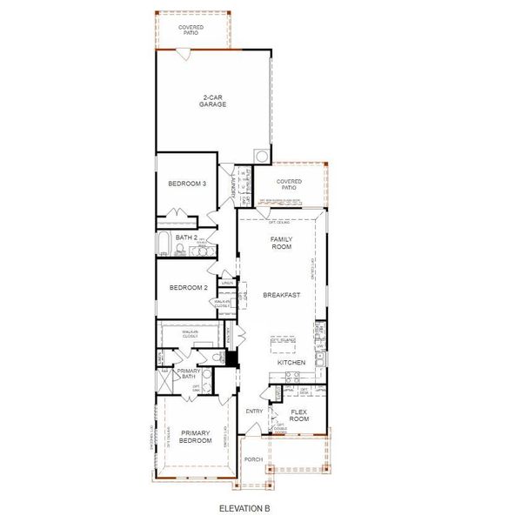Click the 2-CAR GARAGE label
[214, 101]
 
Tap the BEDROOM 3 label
[187, 184]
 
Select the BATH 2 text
[184, 237]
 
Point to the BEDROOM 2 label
[187, 288]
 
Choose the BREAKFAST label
[283, 295]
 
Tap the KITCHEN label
[290, 361]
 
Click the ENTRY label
[255, 412]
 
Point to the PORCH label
[253, 458]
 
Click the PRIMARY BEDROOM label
[196, 436]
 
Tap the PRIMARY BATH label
[189, 375]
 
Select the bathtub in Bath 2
[164, 243]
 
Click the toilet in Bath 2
[177, 251]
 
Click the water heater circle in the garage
[260, 156]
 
